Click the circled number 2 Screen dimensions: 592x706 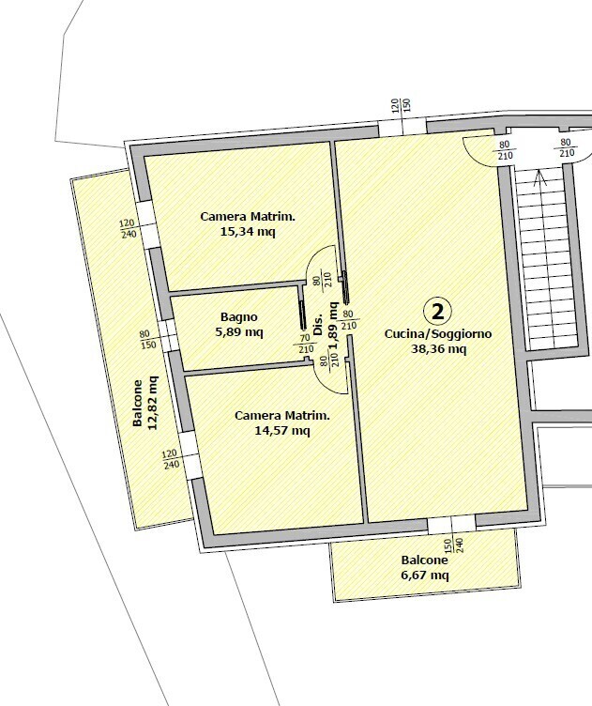pyautogui.click(x=437, y=311)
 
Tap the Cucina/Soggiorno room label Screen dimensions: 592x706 pyautogui.click(x=438, y=334)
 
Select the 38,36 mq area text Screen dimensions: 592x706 pyautogui.click(x=438, y=349)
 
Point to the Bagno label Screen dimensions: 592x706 pyautogui.click(x=239, y=317)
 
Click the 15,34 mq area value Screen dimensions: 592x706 pyautogui.click(x=248, y=232)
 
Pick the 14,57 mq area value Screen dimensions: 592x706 pyautogui.click(x=282, y=431)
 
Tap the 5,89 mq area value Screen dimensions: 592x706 pyautogui.click(x=239, y=332)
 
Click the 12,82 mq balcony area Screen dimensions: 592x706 pyautogui.click(x=153, y=403)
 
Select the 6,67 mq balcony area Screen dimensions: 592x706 pyautogui.click(x=425, y=575)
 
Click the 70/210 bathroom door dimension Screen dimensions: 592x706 pyautogui.click(x=306, y=344)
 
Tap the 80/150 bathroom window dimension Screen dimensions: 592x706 pyautogui.click(x=147, y=340)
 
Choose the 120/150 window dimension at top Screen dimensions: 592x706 pyautogui.click(x=402, y=105)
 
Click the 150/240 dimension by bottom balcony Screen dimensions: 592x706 pyautogui.click(x=454, y=545)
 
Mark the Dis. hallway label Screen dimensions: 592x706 pyautogui.click(x=318, y=324)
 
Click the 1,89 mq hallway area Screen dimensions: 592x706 pyautogui.click(x=333, y=326)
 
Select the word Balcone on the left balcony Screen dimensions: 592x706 pyautogui.click(x=138, y=403)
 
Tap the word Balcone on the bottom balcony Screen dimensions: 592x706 pyautogui.click(x=425, y=560)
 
